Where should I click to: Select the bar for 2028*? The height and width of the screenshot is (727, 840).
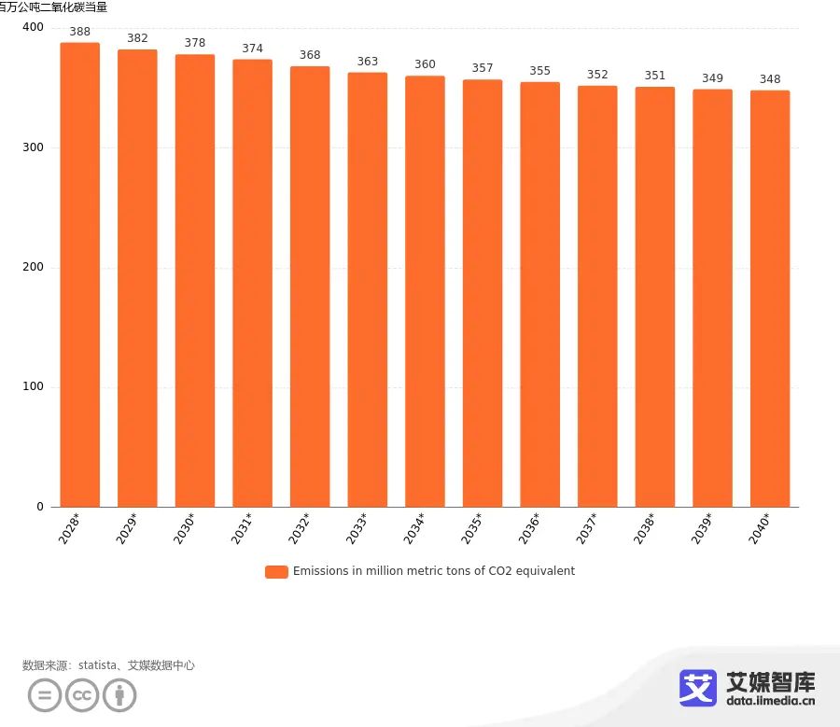80,274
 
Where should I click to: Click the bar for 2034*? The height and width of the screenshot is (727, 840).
425,291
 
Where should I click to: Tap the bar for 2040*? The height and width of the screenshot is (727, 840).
770,299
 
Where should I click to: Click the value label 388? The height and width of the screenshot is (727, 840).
80,32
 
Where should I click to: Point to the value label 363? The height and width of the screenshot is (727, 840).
368,62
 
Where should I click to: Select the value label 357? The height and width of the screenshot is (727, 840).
483,68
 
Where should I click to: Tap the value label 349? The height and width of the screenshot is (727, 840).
712,78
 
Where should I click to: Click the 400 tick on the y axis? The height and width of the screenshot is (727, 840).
33,28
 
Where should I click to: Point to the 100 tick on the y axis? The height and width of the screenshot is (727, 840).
33,387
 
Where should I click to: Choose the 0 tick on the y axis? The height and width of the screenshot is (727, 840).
40,507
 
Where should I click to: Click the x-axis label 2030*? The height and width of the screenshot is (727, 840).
185,528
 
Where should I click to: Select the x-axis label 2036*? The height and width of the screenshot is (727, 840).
529,528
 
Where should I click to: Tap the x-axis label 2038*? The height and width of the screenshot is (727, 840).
644,528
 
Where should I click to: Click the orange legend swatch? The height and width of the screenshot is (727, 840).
276,572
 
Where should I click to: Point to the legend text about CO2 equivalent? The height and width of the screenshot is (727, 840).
434,571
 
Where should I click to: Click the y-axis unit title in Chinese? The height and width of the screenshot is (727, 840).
53,7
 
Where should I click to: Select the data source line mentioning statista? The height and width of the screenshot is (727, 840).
108,665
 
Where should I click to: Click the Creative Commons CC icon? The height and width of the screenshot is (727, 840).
81,695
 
